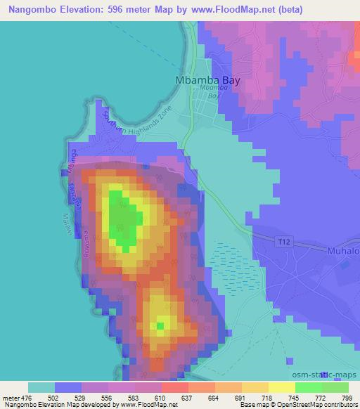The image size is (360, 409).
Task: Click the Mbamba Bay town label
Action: click(207, 80)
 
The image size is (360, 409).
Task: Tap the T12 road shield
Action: click(282, 241)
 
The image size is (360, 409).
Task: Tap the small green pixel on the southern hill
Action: click(161, 325)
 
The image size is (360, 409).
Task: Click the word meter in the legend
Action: click(10, 398)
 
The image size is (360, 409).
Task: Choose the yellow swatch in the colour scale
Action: click(282, 388)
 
